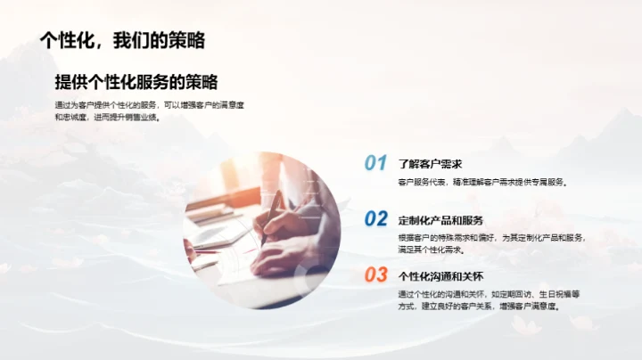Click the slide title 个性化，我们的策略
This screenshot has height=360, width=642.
(x=122, y=40)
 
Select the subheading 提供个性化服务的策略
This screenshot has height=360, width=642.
(x=136, y=82)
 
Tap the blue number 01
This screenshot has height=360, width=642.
(x=375, y=163)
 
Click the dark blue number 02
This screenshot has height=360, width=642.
(x=375, y=218)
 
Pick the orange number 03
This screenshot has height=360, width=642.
(x=375, y=274)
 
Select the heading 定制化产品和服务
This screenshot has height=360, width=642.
(x=441, y=219)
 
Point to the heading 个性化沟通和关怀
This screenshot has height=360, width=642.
(x=441, y=275)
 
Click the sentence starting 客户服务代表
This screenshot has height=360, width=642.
(x=482, y=183)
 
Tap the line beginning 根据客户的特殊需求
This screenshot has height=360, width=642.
(x=491, y=238)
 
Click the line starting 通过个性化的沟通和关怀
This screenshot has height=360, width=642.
(x=490, y=293)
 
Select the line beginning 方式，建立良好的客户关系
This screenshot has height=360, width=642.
(x=479, y=307)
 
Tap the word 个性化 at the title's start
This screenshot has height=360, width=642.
(x=69, y=40)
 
